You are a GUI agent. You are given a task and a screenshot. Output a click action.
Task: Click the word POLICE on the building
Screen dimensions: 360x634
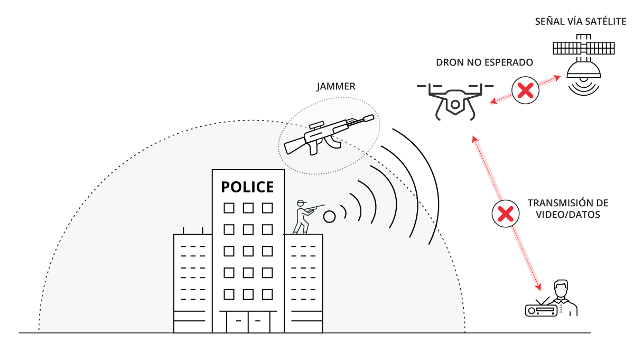247,187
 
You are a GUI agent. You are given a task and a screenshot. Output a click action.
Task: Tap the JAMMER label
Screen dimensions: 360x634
335,86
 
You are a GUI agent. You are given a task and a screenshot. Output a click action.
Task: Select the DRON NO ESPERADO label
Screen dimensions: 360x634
484,62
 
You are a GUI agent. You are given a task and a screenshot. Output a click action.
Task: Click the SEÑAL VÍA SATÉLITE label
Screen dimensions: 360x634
580,22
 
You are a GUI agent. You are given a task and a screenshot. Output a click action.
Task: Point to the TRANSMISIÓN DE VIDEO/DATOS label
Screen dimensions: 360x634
568,209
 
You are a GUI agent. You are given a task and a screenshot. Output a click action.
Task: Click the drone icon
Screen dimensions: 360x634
455,100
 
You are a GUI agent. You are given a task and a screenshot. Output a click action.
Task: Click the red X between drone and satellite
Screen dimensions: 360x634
525,90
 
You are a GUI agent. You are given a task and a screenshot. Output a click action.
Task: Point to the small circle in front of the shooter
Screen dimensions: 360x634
330,216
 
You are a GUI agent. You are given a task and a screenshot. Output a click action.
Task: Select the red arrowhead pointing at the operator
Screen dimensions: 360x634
539,288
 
